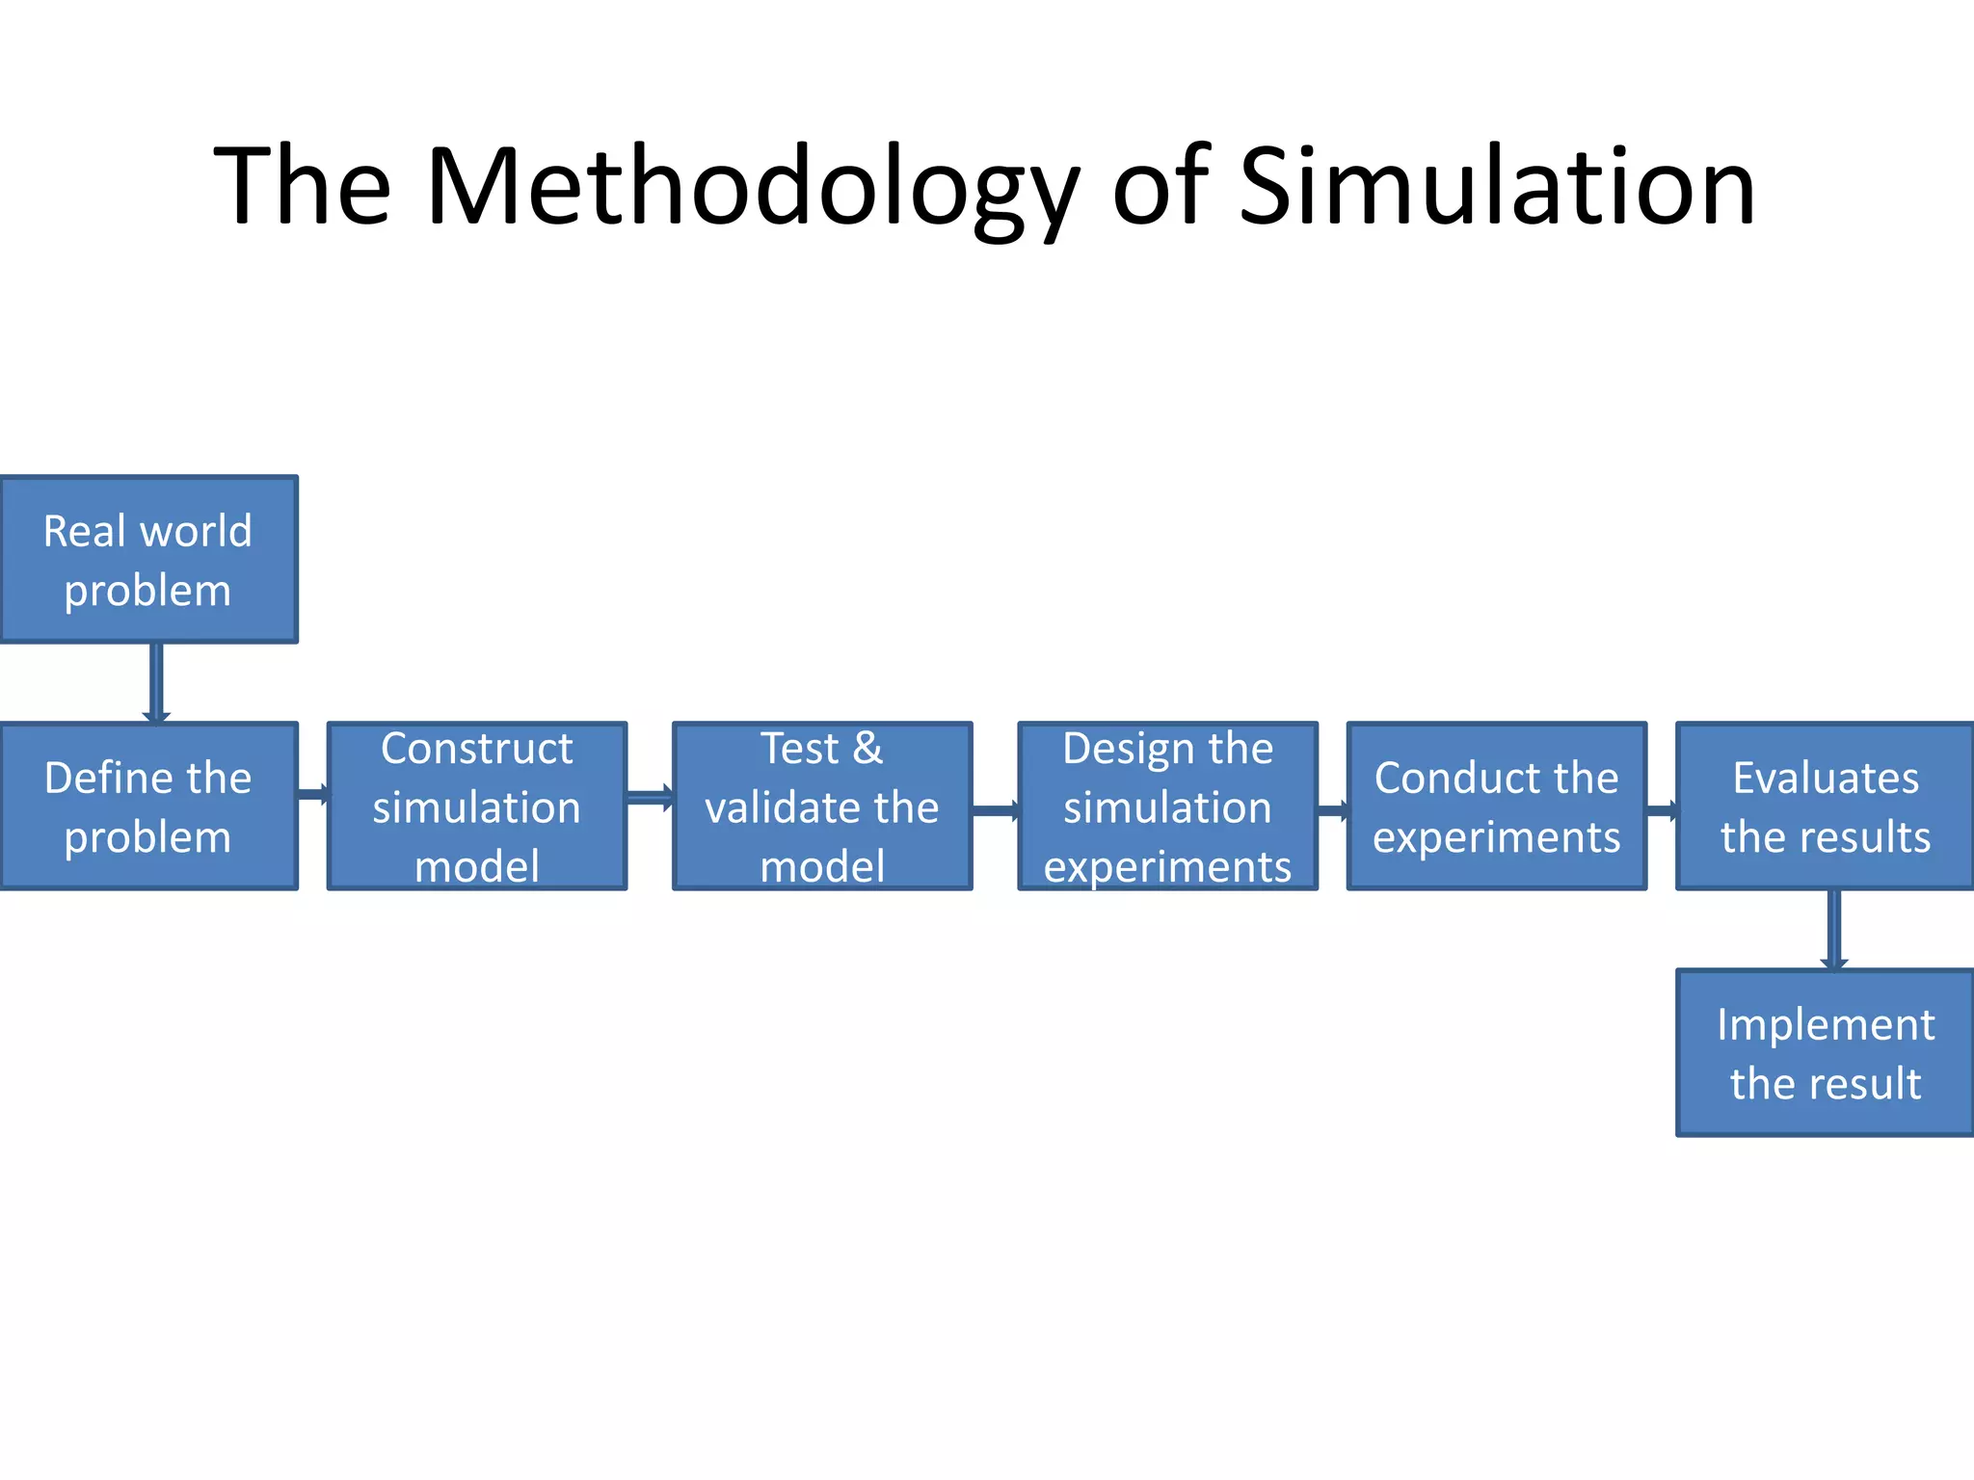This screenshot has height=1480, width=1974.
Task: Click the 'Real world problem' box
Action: coord(148,559)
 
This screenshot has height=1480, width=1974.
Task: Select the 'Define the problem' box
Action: coord(148,806)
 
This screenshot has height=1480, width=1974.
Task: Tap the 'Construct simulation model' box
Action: coord(477,806)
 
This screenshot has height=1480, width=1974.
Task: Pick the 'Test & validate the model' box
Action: coord(822,806)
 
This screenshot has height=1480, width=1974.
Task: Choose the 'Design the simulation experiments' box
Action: coord(1167,806)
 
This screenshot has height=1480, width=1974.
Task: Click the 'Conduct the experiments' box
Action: coord(1496,806)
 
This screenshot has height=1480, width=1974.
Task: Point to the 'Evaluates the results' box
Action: coord(1825,806)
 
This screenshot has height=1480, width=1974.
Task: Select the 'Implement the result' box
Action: coord(1825,1053)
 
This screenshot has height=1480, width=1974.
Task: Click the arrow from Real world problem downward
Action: coord(156,682)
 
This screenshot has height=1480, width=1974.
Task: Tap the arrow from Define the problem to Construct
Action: coord(313,795)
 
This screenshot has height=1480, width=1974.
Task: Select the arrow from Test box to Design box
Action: coord(996,810)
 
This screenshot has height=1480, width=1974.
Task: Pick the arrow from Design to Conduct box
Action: coord(1333,810)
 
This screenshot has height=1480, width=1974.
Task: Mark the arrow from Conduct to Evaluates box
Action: coord(1662,810)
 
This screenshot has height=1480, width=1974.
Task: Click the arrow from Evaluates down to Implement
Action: coord(1834,930)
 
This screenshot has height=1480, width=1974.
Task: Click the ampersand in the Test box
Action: coord(867,749)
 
